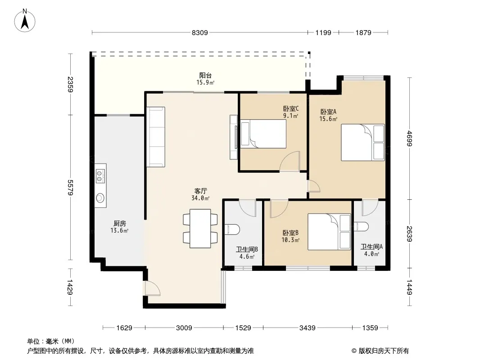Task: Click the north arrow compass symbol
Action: (25, 20)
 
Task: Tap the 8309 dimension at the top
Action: (199, 32)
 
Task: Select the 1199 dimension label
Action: (323, 32)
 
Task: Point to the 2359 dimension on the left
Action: (70, 84)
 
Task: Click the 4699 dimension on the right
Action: (410, 139)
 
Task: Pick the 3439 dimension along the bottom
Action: (308, 328)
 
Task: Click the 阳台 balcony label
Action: (205, 75)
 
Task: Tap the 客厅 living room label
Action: (200, 191)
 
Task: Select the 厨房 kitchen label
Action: (119, 224)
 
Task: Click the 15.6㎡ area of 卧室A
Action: (328, 119)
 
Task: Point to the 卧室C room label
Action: (291, 108)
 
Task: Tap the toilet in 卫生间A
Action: (361, 227)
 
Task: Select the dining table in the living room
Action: (200, 229)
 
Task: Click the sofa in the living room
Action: (156, 137)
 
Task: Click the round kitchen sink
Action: (100, 198)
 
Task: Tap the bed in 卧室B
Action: (329, 232)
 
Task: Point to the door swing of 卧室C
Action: (290, 161)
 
